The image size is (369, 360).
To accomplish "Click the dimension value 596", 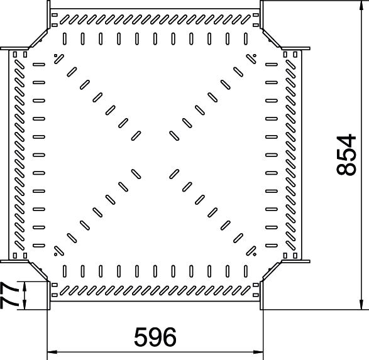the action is tap(155, 337).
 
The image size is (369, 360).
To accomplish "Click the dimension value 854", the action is tap(346, 155).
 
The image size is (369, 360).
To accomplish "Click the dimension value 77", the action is tap(9, 295).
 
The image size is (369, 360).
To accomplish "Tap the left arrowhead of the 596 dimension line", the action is tap(52, 352).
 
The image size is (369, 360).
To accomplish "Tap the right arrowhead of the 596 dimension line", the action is tap(258, 352).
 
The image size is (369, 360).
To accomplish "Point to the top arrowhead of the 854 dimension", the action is tap(361, 5).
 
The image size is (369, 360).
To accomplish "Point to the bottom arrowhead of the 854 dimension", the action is tap(361, 305).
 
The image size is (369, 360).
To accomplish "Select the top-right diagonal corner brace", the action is tap(271, 38).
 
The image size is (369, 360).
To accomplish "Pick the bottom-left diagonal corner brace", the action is tap(38, 271).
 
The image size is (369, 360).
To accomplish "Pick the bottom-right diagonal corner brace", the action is tap(271, 271).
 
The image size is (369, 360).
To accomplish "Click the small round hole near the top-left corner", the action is tap(56, 56).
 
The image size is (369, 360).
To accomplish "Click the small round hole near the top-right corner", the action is tap(255, 56).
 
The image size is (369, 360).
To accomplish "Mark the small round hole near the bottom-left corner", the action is tap(56, 254).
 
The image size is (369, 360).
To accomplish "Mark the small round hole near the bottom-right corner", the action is tap(255, 254).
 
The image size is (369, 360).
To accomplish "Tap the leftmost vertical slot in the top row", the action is tap(65, 39).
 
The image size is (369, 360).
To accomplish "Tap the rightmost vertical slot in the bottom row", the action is tap(246, 271).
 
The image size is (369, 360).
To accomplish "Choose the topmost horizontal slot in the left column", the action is tap(39, 64).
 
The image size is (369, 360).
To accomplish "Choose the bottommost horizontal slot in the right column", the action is tap(272, 246).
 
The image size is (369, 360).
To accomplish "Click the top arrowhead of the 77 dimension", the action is tap(25, 286).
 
